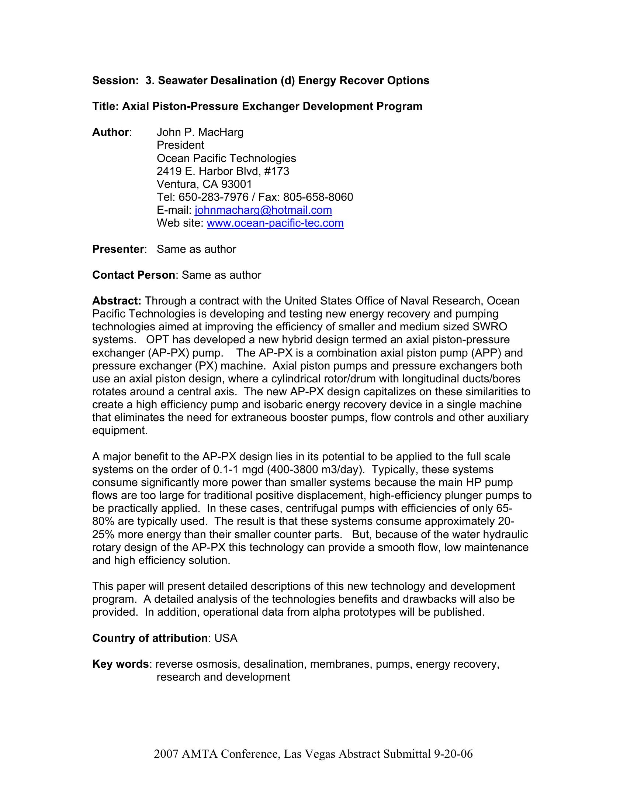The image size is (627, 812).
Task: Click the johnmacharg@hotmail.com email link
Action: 263,210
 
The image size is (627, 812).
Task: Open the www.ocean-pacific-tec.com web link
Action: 275,223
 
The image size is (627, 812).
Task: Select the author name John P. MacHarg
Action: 200,132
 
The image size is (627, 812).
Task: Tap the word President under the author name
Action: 180,145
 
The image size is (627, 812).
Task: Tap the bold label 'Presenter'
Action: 118,250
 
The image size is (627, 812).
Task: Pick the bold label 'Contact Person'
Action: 134,275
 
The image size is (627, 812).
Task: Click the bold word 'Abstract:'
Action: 117,301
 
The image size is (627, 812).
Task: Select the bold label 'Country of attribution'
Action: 150,639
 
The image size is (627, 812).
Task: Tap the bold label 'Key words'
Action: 120,664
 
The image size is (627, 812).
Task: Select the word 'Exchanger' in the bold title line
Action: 270,107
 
